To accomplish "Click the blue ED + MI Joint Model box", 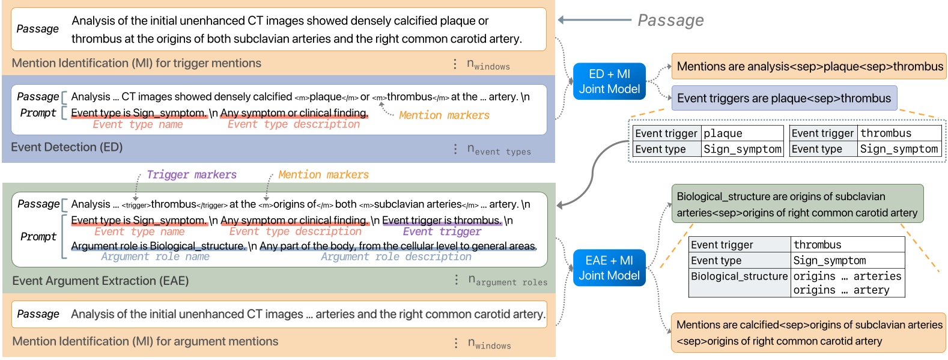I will (609, 81).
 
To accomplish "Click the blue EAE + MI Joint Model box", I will (609, 267).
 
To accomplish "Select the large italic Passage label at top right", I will (670, 20).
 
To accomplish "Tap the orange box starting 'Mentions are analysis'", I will (809, 66).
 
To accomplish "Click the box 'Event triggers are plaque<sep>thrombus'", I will (783, 98).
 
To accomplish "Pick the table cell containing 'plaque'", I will (743, 133).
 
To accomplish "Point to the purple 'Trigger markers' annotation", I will (192, 175).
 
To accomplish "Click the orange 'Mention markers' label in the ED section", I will (444, 115).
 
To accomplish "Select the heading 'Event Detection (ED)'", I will (67, 147).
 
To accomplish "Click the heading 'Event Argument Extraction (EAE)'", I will (100, 281).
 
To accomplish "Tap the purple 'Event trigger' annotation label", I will (442, 231).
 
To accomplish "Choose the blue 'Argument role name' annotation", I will (155, 257).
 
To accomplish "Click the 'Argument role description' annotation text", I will (396, 257).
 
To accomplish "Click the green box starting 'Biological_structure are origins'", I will (797, 204).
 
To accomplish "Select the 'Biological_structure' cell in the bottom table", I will (739, 276).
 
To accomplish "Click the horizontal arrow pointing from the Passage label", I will (594, 20).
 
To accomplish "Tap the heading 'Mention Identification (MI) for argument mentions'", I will (145, 341).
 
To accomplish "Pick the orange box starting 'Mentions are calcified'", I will (808, 333).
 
